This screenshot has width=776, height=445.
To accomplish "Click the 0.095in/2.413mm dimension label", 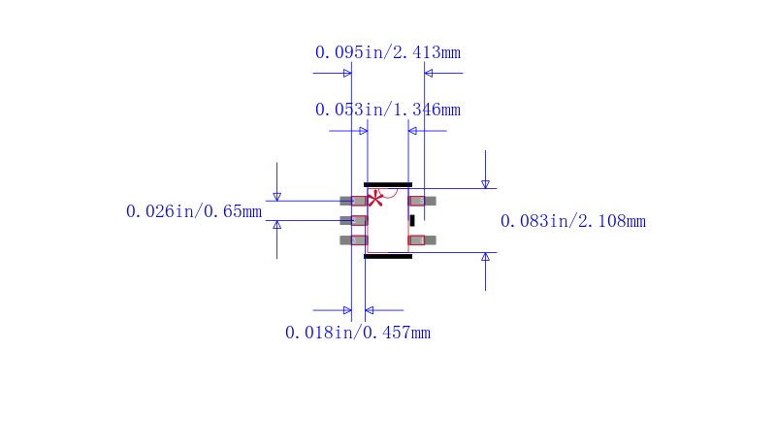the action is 387,52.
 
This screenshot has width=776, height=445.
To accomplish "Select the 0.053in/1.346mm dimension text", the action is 387,110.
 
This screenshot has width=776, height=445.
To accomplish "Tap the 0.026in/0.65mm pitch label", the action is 193,211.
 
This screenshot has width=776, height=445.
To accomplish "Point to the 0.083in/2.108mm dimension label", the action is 572,221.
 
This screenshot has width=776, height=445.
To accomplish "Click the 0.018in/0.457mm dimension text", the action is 357,333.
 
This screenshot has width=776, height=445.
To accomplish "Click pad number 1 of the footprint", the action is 353,201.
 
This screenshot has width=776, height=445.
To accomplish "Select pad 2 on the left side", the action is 353,220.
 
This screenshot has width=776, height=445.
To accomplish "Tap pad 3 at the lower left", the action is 353,240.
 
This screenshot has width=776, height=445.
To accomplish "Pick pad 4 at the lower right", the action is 422,240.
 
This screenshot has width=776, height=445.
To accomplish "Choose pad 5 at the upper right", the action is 422,201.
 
